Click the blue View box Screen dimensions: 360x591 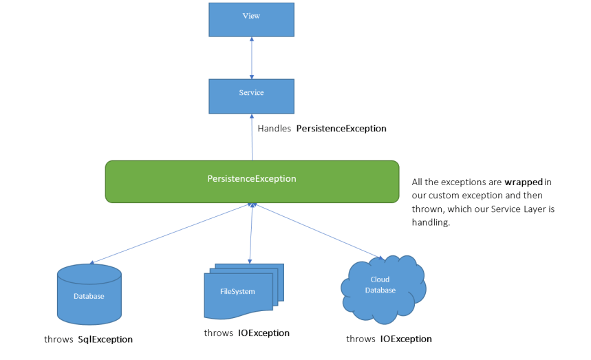tap(251, 19)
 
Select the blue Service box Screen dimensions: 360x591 tap(251, 96)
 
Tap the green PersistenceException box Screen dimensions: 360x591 tap(252, 181)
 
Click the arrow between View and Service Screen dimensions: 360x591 tap(252, 58)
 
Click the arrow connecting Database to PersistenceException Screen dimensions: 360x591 tap(172, 233)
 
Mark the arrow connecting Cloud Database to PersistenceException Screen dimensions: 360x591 tap(316, 231)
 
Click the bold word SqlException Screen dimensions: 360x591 tap(105, 339)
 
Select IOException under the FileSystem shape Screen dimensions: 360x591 tap(264, 333)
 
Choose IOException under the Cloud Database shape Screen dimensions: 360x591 tap(406, 339)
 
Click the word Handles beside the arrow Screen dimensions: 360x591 tap(274, 129)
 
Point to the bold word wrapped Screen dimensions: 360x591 tap(524, 182)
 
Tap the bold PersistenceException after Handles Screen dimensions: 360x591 tap(341, 129)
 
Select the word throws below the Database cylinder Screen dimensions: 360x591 tap(58, 339)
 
